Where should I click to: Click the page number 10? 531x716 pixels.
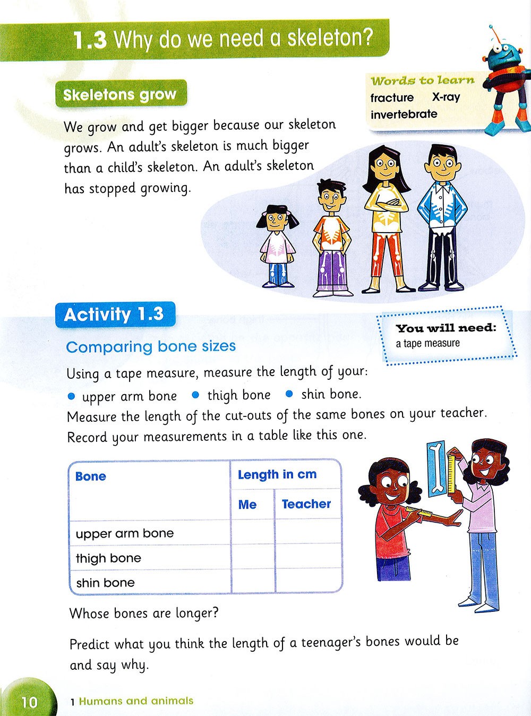(x=30, y=702)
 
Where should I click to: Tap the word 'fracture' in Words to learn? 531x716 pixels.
(x=392, y=98)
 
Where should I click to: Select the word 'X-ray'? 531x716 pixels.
(x=446, y=97)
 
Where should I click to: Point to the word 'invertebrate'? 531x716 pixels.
(x=404, y=114)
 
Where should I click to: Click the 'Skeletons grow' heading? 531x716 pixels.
(x=119, y=95)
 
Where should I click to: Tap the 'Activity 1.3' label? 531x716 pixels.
(x=114, y=314)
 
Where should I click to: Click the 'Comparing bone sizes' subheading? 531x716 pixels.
(x=151, y=347)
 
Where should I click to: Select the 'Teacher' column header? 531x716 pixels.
(x=306, y=504)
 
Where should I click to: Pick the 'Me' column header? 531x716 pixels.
(x=247, y=505)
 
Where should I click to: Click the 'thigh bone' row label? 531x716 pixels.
(x=108, y=558)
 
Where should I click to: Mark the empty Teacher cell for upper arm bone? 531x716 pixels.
(x=307, y=532)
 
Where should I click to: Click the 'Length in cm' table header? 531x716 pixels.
(x=277, y=475)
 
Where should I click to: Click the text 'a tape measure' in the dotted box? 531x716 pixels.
(x=428, y=344)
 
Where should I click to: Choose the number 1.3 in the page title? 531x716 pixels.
(x=90, y=40)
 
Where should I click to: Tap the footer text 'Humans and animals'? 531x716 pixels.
(x=136, y=701)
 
